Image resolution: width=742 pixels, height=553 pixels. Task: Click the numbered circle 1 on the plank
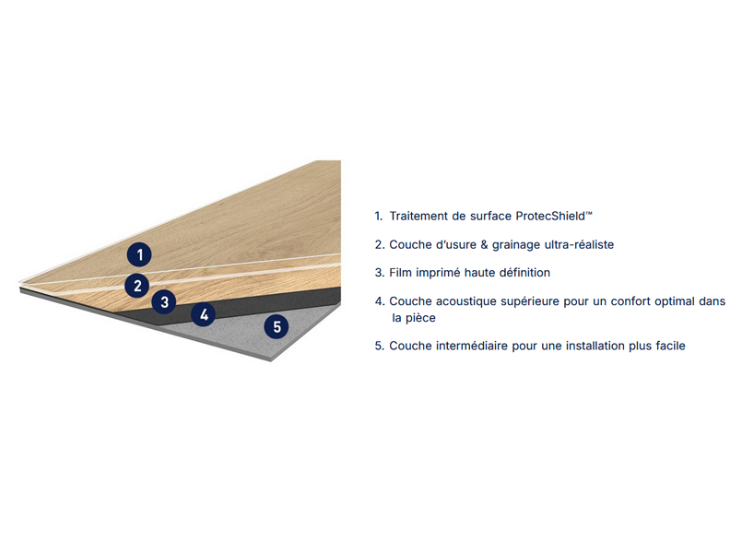coord(139,255)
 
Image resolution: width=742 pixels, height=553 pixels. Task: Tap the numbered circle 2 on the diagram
coord(137,286)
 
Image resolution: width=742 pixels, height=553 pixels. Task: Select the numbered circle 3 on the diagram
coord(164,301)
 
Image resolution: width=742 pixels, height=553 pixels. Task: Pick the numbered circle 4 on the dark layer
coord(204,314)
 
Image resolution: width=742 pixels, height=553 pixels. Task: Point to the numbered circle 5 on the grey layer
coord(277,326)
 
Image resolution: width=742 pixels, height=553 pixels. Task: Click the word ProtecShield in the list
coord(550,217)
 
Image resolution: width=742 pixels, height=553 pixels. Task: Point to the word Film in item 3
coord(400,273)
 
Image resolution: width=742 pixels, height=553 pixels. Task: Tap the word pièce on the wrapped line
coord(420,318)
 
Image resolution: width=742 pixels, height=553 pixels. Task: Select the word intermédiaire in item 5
coord(472,346)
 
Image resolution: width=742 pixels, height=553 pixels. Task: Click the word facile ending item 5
coord(670,346)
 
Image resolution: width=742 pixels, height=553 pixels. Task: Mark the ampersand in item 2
coord(484,244)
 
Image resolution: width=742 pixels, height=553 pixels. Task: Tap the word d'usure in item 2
coord(454,244)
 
